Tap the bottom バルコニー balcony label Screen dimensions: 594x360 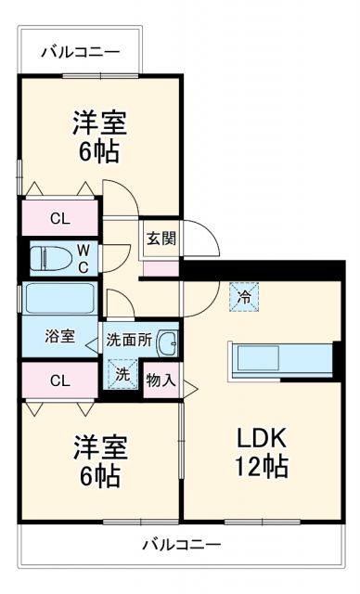(181, 545)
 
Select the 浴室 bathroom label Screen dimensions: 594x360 (60, 337)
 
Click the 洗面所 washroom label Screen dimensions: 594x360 (128, 339)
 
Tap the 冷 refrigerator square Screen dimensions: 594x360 (244, 297)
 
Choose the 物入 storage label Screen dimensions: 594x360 (160, 381)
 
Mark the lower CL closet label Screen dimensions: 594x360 (59, 380)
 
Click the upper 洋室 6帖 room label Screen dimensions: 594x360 (97, 136)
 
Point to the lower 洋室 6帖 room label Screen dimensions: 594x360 (97, 461)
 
